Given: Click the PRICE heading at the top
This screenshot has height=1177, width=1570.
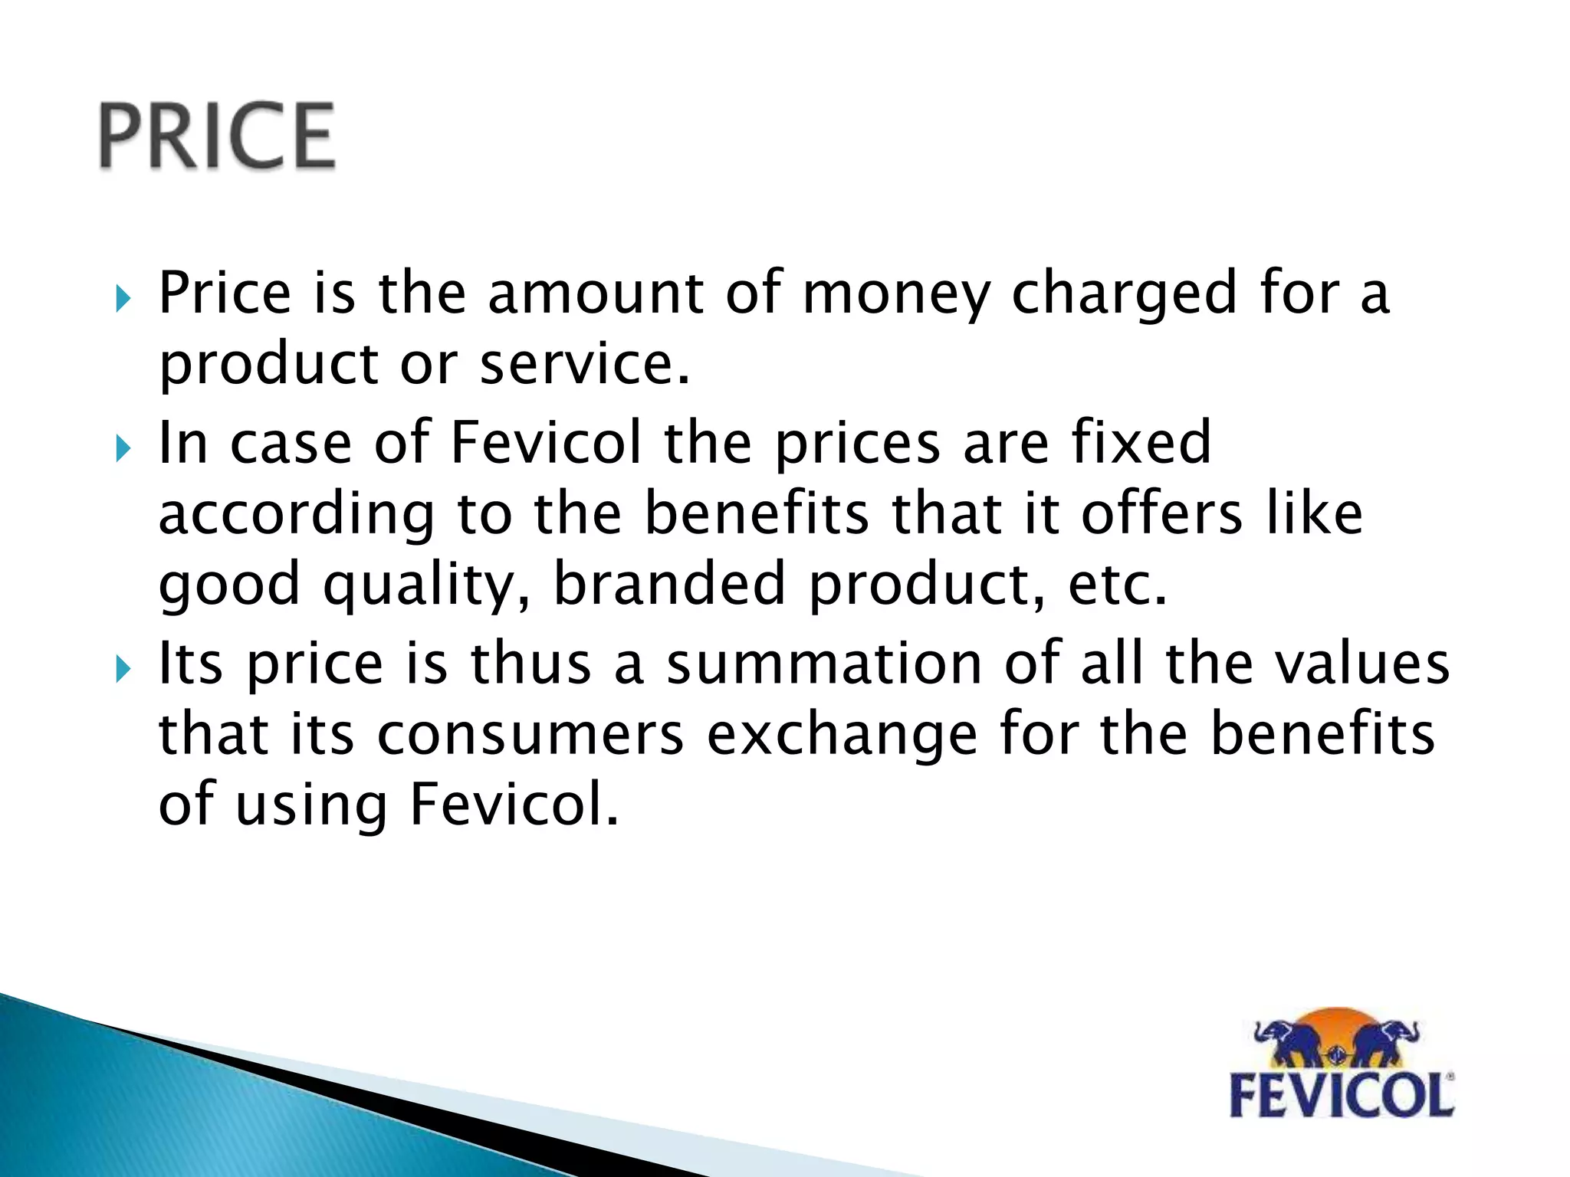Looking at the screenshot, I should [x=217, y=136].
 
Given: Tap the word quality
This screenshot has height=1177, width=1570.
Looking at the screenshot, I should [x=426, y=585].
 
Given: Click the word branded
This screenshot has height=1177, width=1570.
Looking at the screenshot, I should [x=670, y=583].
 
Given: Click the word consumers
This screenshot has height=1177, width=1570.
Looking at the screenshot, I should [x=530, y=734].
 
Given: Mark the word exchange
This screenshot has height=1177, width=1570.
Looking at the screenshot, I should [x=842, y=734].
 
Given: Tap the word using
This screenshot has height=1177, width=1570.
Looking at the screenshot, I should [x=310, y=806].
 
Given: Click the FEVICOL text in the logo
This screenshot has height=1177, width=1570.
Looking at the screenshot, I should [x=1342, y=1095].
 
